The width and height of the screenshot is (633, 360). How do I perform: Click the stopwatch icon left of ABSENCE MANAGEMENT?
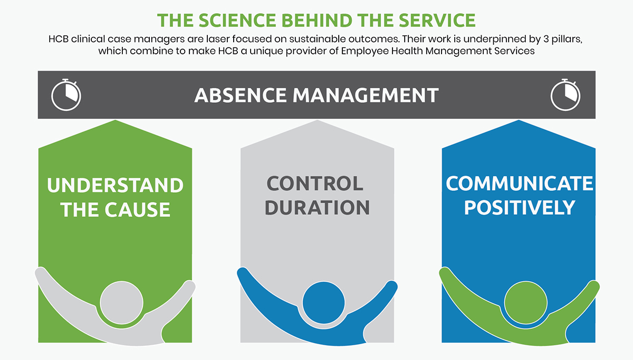click(x=66, y=95)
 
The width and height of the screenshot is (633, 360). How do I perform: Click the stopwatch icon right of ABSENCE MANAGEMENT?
click(x=565, y=95)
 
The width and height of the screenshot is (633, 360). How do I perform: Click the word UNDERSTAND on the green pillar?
click(x=115, y=185)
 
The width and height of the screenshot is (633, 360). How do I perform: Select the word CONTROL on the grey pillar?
click(x=315, y=184)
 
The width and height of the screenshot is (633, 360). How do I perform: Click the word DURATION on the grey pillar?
click(x=316, y=207)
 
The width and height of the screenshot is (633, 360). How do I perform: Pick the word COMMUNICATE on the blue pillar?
click(x=519, y=184)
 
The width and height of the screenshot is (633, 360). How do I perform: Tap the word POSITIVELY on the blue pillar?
click(x=519, y=207)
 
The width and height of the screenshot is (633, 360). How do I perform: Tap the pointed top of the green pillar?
click(x=115, y=129)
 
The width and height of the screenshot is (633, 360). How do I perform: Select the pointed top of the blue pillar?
click(x=519, y=129)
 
